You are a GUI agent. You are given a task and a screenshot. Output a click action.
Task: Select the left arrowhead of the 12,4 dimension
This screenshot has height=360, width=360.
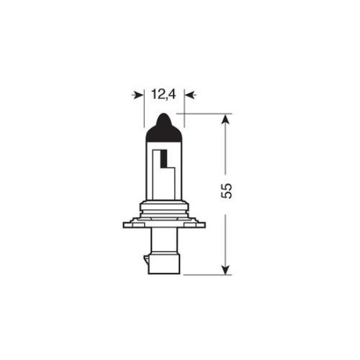[138, 96]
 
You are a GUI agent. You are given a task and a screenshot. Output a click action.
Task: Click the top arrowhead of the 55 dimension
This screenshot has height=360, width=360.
[225, 119]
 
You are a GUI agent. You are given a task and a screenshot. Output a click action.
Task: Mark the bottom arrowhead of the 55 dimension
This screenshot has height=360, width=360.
[225, 268]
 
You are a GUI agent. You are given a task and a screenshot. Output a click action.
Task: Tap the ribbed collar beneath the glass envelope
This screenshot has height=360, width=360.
[164, 211]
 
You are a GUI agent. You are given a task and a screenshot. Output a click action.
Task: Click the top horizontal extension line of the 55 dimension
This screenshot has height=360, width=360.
[206, 113]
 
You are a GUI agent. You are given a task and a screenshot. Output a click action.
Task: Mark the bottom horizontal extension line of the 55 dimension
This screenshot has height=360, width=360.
[206, 274]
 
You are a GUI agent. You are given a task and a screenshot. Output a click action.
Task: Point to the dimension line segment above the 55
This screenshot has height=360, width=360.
[225, 151]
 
